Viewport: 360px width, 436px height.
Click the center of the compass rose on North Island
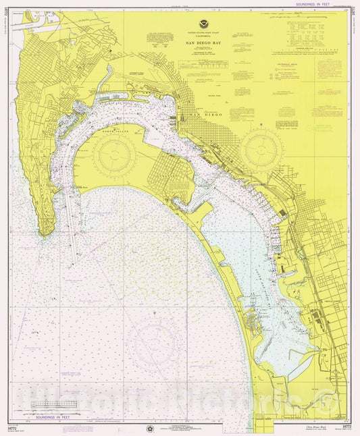[x=114, y=153]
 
